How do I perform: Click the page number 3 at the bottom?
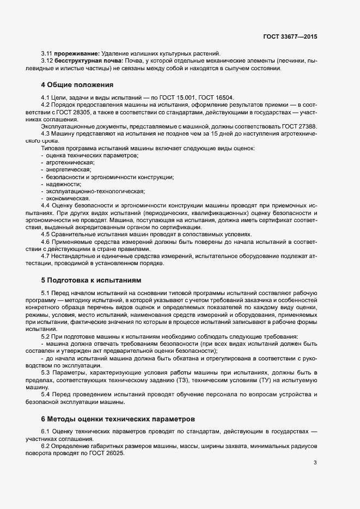tap(315, 463)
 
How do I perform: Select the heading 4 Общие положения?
tap(77, 85)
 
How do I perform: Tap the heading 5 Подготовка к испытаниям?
tap(91, 280)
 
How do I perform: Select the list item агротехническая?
tap(70, 162)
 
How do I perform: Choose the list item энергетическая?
tap(69, 170)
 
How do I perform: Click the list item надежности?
tap(64, 184)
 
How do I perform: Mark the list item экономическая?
tap(68, 199)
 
